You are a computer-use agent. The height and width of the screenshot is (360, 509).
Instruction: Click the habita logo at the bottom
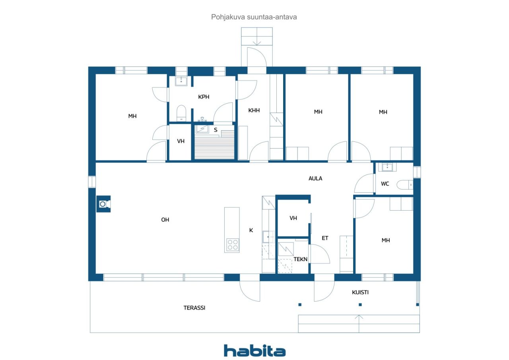coord(254,350)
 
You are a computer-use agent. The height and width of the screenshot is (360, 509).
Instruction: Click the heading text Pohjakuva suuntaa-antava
coord(254,17)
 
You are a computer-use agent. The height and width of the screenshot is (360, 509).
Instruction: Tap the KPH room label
coord(204,97)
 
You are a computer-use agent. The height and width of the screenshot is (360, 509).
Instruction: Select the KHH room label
coord(254,110)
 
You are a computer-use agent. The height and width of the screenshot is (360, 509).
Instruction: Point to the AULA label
coord(315,178)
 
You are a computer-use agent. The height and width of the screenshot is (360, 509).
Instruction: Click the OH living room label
coord(165,219)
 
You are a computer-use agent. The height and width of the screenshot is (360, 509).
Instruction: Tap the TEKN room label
coord(301,259)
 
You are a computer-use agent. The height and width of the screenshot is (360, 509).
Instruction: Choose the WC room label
coord(385,184)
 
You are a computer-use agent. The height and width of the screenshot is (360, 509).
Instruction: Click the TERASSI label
coord(194,307)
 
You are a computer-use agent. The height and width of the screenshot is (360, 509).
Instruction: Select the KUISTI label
coord(360,292)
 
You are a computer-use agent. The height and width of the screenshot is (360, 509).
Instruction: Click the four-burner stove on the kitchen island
coord(232,244)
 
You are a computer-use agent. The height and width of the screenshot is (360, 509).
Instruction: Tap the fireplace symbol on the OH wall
coord(103,204)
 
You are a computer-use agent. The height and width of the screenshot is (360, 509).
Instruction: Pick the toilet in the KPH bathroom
coord(181,112)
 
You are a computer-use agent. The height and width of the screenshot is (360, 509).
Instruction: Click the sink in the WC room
coord(387,167)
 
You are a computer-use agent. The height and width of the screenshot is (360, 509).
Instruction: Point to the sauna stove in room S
coord(203,128)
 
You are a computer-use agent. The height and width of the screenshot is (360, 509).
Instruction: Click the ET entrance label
coord(325,238)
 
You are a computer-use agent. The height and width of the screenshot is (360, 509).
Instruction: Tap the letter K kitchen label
coord(251,230)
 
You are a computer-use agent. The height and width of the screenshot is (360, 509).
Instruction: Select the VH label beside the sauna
coord(181,141)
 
